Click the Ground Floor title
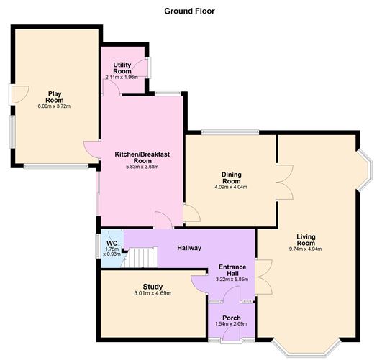[x=189, y=11]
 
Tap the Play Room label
[x=55, y=97]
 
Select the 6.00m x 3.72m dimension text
[x=54, y=106]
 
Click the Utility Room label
[x=122, y=68]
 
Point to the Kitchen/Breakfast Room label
[x=142, y=157]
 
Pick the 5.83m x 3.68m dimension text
[x=142, y=167]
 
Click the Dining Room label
[x=231, y=177]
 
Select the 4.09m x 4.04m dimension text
[x=231, y=187]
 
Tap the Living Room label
[x=306, y=240]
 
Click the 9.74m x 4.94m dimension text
[x=305, y=249]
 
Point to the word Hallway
[x=189, y=248]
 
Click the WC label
[x=112, y=243]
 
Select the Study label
[x=153, y=287]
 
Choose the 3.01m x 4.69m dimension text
[x=153, y=293]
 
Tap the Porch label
[x=231, y=318]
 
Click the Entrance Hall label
[x=232, y=270]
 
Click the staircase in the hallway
[x=140, y=258]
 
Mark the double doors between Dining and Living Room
[x=285, y=183]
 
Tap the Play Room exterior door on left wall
[x=19, y=95]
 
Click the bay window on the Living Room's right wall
[x=365, y=170]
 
